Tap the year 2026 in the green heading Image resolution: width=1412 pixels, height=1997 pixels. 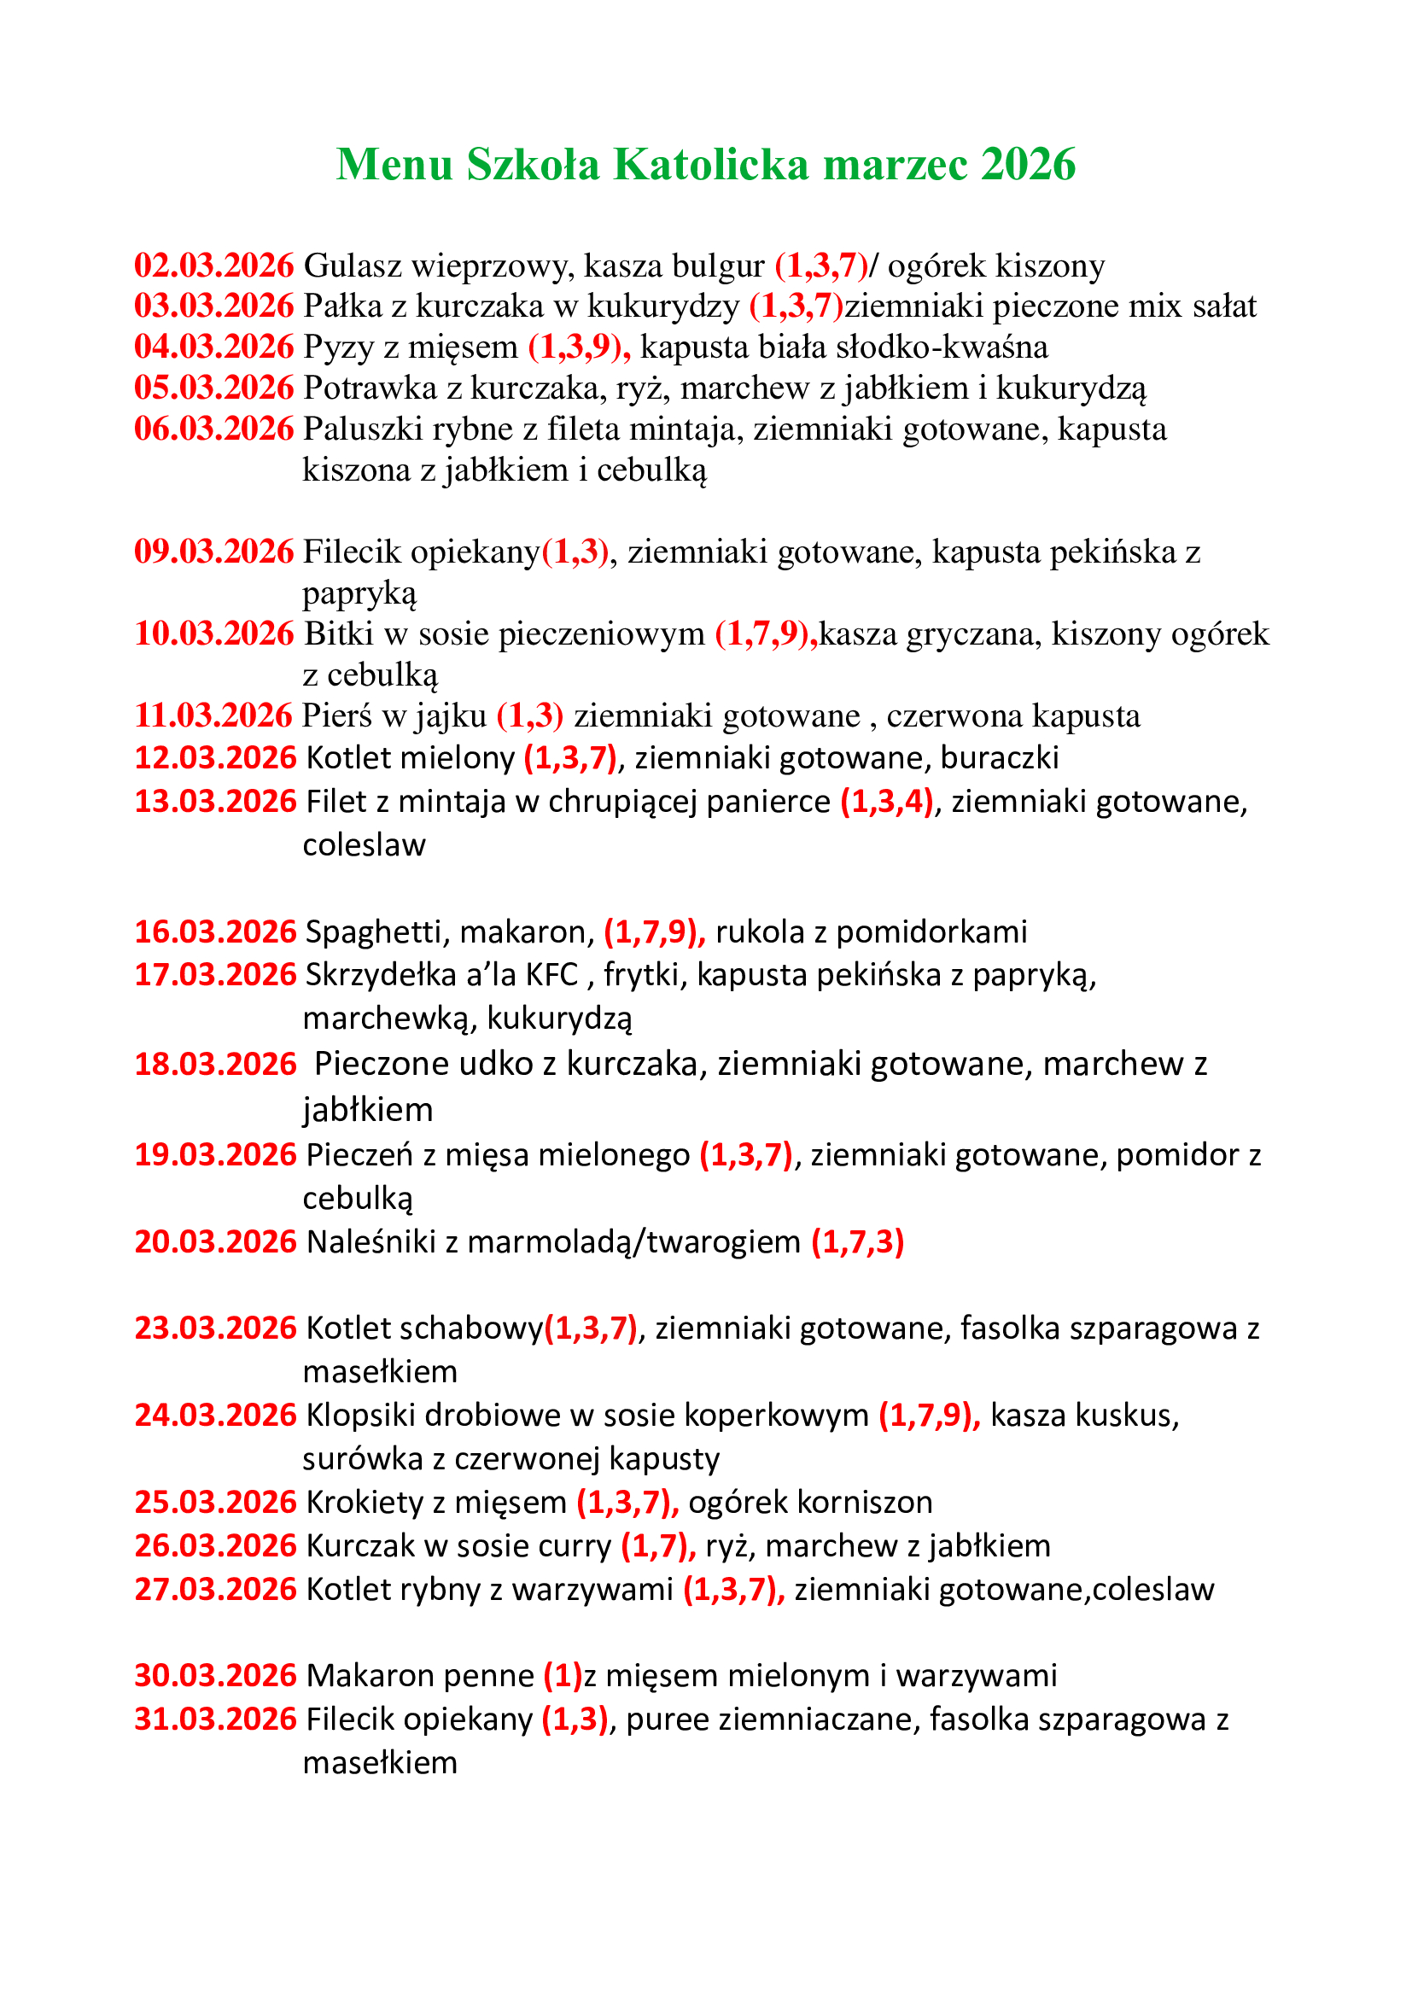[x=1028, y=165]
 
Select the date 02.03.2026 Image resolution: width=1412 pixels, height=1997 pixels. [x=214, y=266]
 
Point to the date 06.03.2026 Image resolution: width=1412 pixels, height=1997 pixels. [x=214, y=429]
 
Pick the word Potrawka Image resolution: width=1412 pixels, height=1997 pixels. [x=370, y=388]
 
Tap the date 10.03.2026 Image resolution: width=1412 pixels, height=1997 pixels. [x=214, y=634]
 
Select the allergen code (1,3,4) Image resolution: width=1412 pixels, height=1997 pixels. [x=886, y=801]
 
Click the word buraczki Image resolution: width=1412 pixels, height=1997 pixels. [x=999, y=757]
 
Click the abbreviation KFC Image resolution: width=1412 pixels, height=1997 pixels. [x=551, y=975]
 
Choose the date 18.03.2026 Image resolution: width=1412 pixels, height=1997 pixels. [x=215, y=1064]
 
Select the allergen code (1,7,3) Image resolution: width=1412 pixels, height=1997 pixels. [x=857, y=1241]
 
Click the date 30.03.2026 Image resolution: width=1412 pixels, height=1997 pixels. [x=215, y=1675]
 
